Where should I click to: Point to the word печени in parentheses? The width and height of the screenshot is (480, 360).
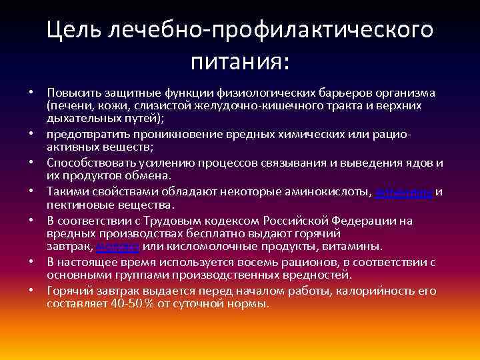(69, 107)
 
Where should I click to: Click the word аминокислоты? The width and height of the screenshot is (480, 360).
(326, 193)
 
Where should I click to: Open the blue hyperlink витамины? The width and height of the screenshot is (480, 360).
(405, 193)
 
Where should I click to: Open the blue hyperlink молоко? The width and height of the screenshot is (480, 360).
(117, 247)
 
